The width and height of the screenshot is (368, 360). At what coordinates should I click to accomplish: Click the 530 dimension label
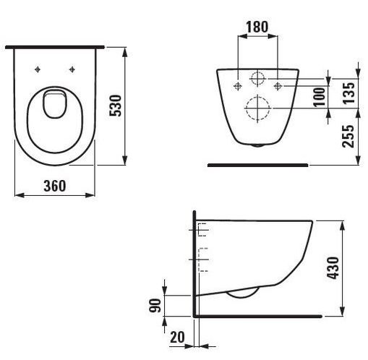pyautogui.click(x=116, y=106)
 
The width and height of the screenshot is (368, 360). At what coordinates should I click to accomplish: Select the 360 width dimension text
pyautogui.click(x=55, y=186)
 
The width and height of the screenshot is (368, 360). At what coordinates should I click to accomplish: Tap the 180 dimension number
pyautogui.click(x=257, y=27)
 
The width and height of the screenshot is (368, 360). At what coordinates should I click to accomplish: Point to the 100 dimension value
pyautogui.click(x=320, y=97)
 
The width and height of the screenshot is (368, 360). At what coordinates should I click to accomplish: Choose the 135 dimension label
pyautogui.click(x=348, y=93)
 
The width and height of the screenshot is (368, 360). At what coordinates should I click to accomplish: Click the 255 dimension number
pyautogui.click(x=348, y=136)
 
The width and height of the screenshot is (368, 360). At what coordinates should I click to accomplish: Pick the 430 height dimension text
pyautogui.click(x=333, y=268)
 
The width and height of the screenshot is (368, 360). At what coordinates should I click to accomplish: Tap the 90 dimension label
pyautogui.click(x=155, y=306)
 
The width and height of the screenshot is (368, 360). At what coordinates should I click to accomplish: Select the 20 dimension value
pyautogui.click(x=177, y=337)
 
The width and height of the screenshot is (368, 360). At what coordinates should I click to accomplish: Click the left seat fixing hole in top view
pyautogui.click(x=38, y=69)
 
